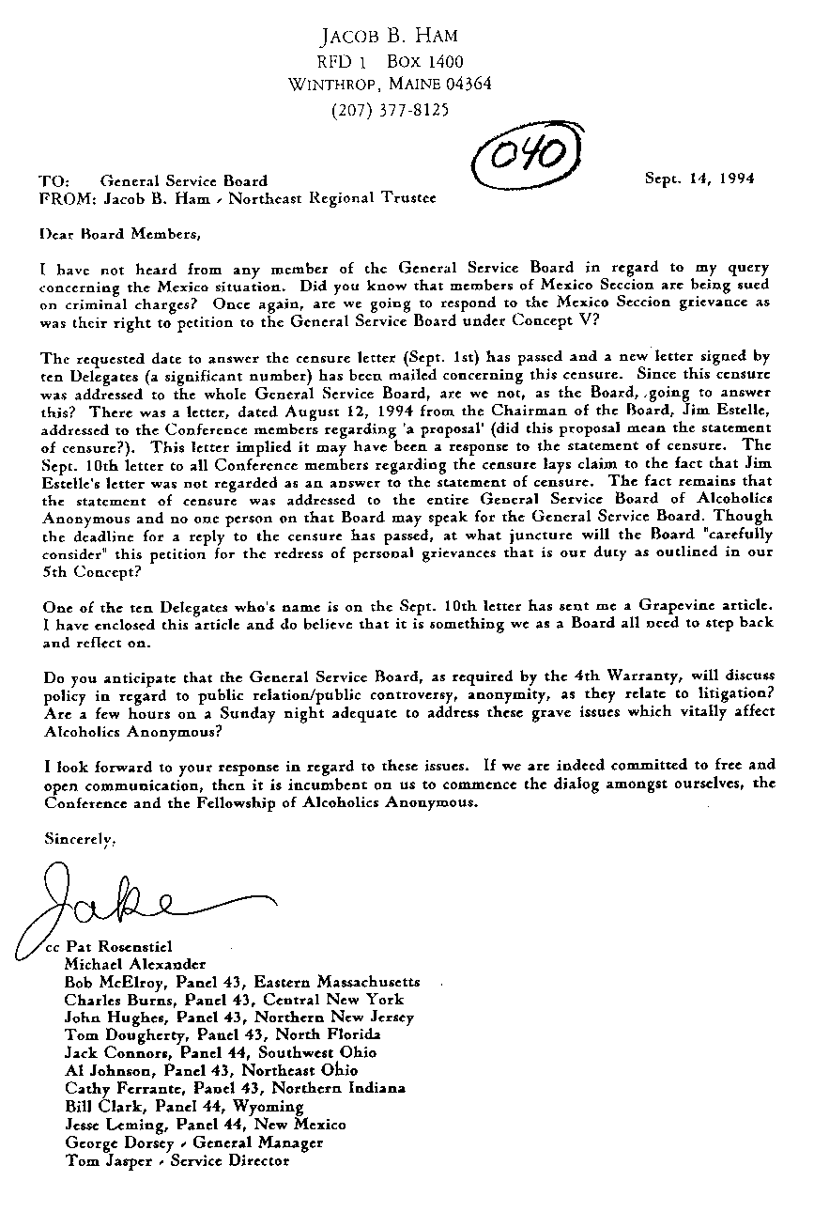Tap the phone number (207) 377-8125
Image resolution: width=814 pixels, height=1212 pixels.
click(x=391, y=109)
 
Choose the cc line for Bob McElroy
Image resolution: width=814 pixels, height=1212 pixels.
click(x=242, y=982)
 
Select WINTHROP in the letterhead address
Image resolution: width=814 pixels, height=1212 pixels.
click(x=332, y=85)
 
